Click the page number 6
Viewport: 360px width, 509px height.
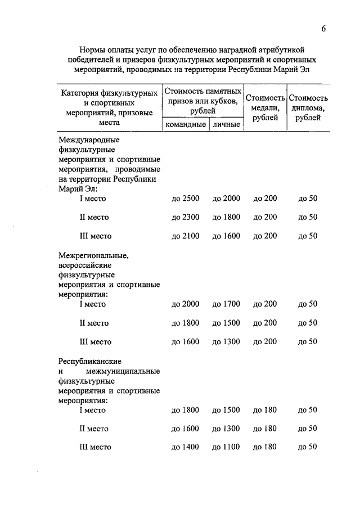324,29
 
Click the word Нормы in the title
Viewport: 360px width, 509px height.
93,51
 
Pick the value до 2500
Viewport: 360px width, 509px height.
185,198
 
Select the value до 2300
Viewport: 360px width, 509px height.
185,217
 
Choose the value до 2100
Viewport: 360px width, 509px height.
185,236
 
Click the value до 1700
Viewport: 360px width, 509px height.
226,304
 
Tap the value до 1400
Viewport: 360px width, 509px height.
185,447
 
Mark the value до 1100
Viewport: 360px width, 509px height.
226,447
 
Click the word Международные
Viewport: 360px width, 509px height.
89,140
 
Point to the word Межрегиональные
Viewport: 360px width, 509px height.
93,256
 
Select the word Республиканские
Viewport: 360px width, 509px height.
91,361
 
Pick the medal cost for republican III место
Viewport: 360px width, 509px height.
265,447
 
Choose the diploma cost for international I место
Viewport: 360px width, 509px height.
308,198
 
